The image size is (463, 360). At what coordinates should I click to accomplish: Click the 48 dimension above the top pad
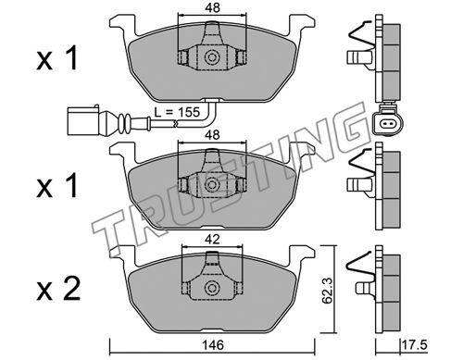(212, 8)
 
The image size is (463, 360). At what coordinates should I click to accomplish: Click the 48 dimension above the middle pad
(212, 135)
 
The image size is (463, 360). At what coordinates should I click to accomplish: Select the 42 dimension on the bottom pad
(212, 239)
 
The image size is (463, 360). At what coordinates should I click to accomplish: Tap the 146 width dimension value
(213, 345)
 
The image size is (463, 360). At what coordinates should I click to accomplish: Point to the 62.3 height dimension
(328, 290)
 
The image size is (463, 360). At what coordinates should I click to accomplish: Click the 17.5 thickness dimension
(416, 345)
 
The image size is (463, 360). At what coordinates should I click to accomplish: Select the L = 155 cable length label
(177, 112)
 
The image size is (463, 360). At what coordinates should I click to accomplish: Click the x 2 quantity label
(58, 289)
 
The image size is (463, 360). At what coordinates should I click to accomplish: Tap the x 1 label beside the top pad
(57, 57)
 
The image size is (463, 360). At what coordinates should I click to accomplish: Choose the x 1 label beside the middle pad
(57, 185)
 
